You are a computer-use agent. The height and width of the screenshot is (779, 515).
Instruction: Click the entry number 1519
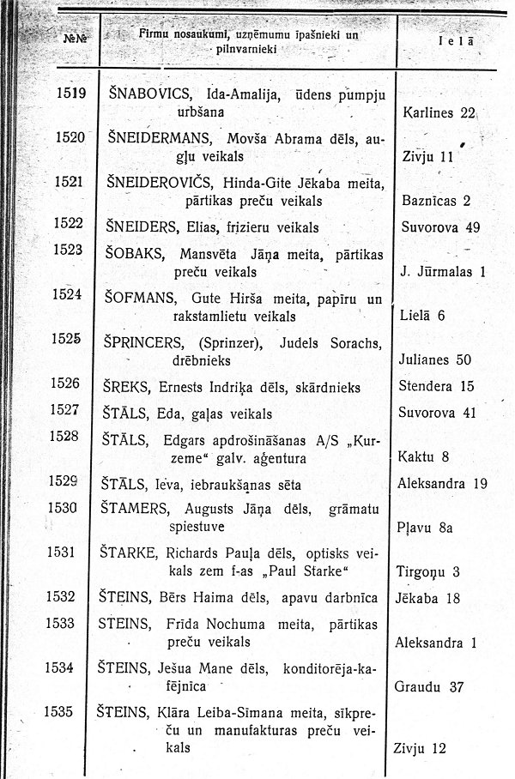[70, 93]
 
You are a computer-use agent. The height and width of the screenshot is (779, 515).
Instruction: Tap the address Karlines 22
[439, 112]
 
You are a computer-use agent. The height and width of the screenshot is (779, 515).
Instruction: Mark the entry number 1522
[68, 224]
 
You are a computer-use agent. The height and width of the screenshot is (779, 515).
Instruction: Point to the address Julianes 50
[440, 359]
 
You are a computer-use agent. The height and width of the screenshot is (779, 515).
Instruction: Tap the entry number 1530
[64, 507]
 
